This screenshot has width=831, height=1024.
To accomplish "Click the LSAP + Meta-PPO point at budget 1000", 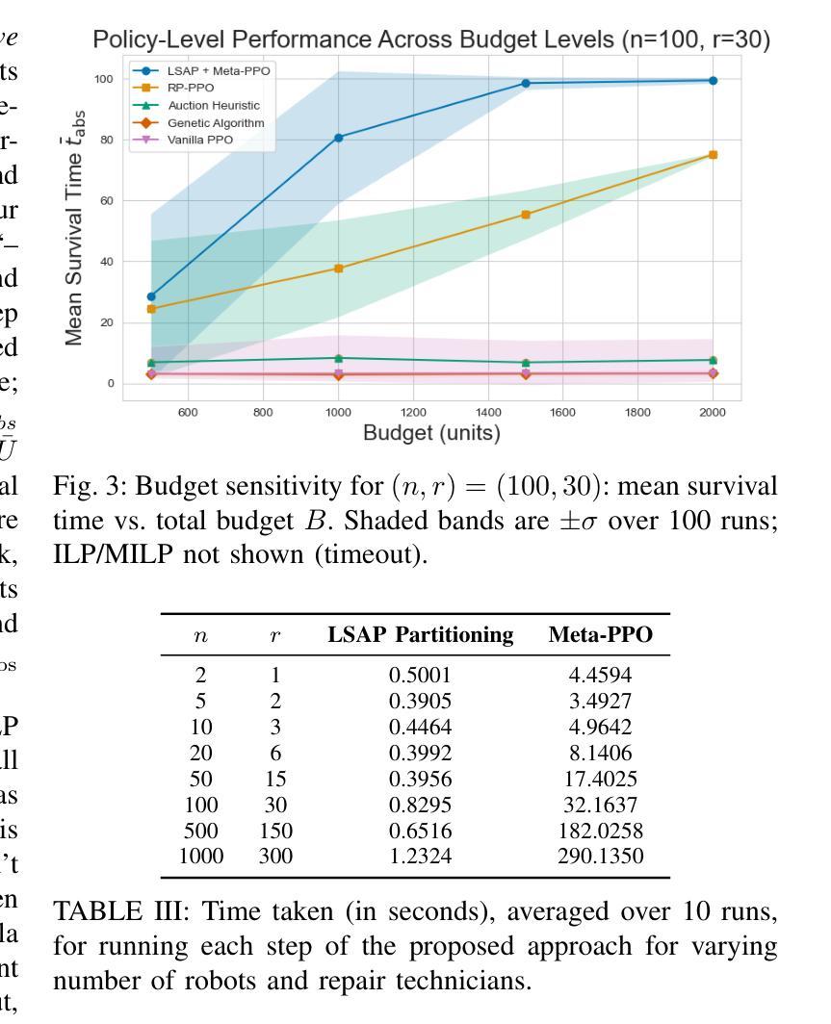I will [338, 138].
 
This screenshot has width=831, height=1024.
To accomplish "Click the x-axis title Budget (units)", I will [431, 432].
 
